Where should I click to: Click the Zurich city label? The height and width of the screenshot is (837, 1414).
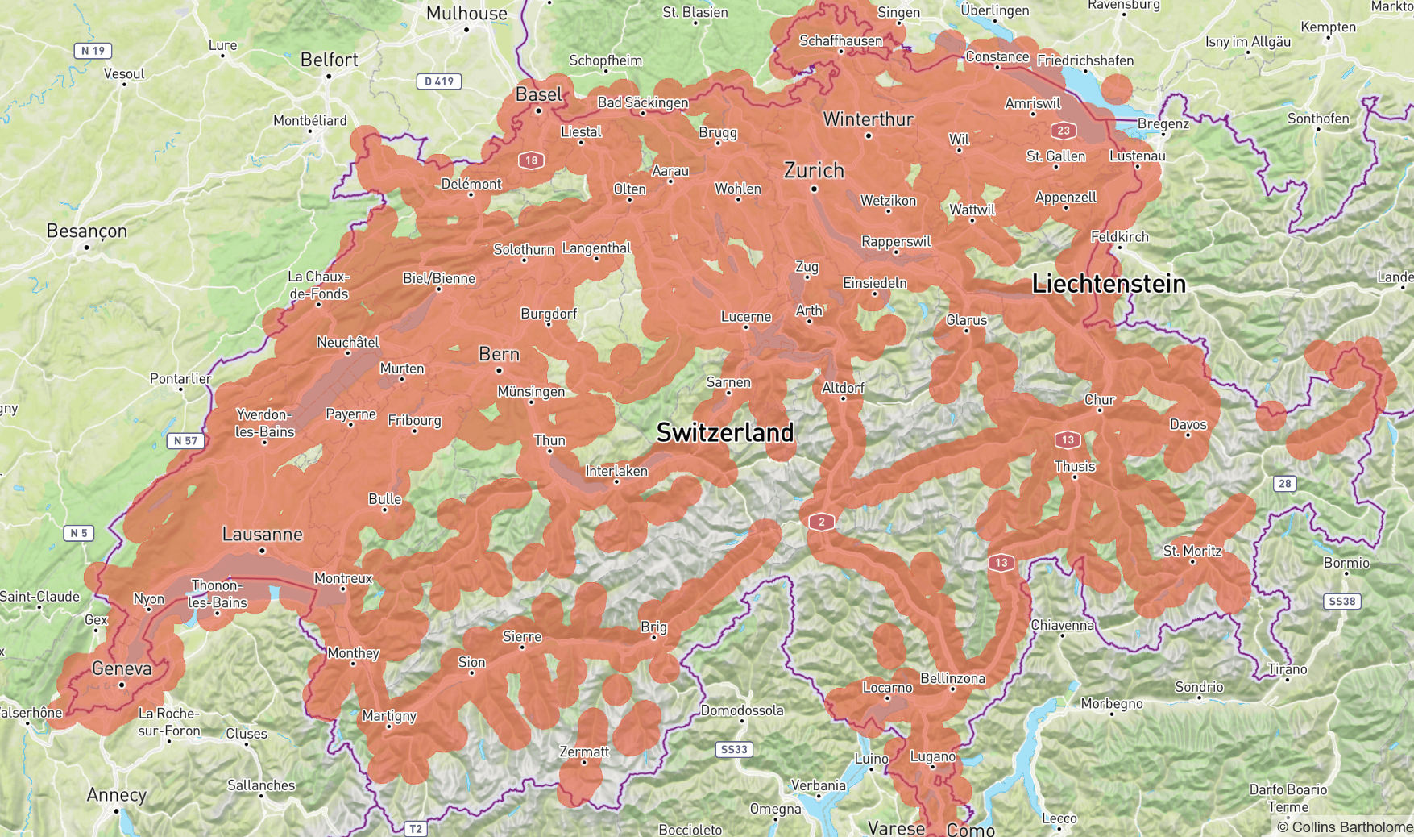tap(814, 170)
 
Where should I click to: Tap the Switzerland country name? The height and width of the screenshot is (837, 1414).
tap(724, 432)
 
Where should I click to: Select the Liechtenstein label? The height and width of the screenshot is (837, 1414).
tap(1109, 284)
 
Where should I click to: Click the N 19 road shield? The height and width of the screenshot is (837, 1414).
tap(93, 51)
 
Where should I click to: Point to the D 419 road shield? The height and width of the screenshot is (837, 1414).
tap(440, 81)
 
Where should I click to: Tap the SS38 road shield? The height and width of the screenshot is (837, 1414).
tap(1342, 601)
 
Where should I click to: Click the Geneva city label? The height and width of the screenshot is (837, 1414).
tap(122, 668)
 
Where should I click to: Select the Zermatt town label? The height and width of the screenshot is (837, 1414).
tap(584, 752)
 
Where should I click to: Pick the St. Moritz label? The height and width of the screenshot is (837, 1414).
tap(1192, 551)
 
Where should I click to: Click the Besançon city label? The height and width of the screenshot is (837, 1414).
tap(87, 231)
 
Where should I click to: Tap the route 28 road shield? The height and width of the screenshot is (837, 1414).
tap(1284, 484)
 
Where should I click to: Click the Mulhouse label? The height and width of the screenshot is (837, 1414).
tap(466, 13)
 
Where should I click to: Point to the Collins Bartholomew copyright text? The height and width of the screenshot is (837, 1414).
tap(1345, 827)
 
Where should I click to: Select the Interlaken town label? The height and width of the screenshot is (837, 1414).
tap(616, 471)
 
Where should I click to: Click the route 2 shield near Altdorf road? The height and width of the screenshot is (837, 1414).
tap(821, 522)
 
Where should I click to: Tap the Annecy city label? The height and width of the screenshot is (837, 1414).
tap(117, 794)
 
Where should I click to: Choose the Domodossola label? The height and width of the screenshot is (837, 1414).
tap(741, 710)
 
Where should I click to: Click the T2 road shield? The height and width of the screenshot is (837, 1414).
tap(415, 828)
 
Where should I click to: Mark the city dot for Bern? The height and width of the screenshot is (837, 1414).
tap(499, 371)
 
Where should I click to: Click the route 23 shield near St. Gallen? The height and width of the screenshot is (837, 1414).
tap(1064, 130)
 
